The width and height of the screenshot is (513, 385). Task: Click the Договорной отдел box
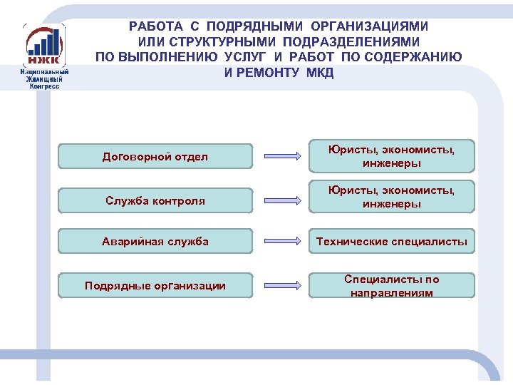point(155,157)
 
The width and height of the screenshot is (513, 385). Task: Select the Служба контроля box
point(155,201)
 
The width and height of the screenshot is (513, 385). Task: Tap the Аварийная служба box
point(155,242)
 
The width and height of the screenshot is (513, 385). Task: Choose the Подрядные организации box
point(155,286)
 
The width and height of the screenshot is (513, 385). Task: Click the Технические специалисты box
point(391,242)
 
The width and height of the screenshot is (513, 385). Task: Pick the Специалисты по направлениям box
point(391,286)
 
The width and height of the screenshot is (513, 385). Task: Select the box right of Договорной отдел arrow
point(391,156)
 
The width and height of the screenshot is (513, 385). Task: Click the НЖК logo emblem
point(44,45)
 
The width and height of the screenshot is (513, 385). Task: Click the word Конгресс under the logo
point(44,86)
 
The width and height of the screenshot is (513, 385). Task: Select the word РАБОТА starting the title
point(155,26)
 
